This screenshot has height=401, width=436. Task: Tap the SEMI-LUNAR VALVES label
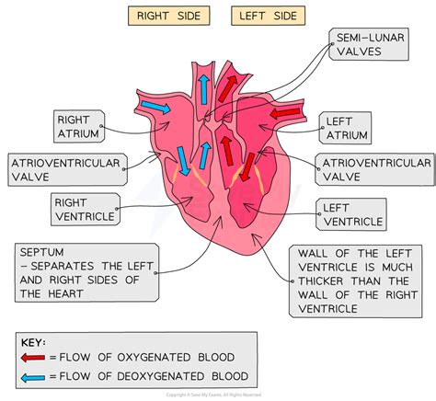coord(367,42)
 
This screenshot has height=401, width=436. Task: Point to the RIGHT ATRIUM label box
coord(76,128)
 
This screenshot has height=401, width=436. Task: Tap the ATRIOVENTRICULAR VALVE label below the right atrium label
coord(65,170)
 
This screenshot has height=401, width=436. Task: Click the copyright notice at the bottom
coord(218,395)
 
